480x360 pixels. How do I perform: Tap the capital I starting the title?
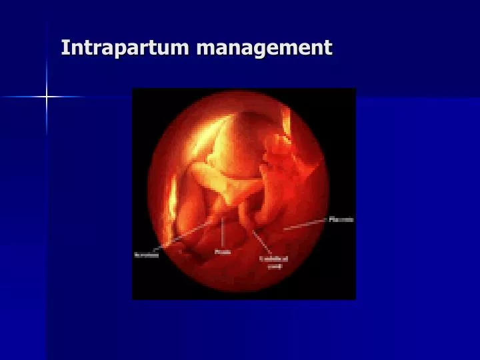coord(65,47)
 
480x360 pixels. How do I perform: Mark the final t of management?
coord(328,47)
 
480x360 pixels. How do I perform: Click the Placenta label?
coord(341,219)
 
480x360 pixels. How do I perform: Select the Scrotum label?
coord(147,255)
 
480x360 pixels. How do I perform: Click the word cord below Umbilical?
coord(275,265)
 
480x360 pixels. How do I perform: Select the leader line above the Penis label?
coord(222,233)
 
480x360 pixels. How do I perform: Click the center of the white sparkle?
coord(47,97)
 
